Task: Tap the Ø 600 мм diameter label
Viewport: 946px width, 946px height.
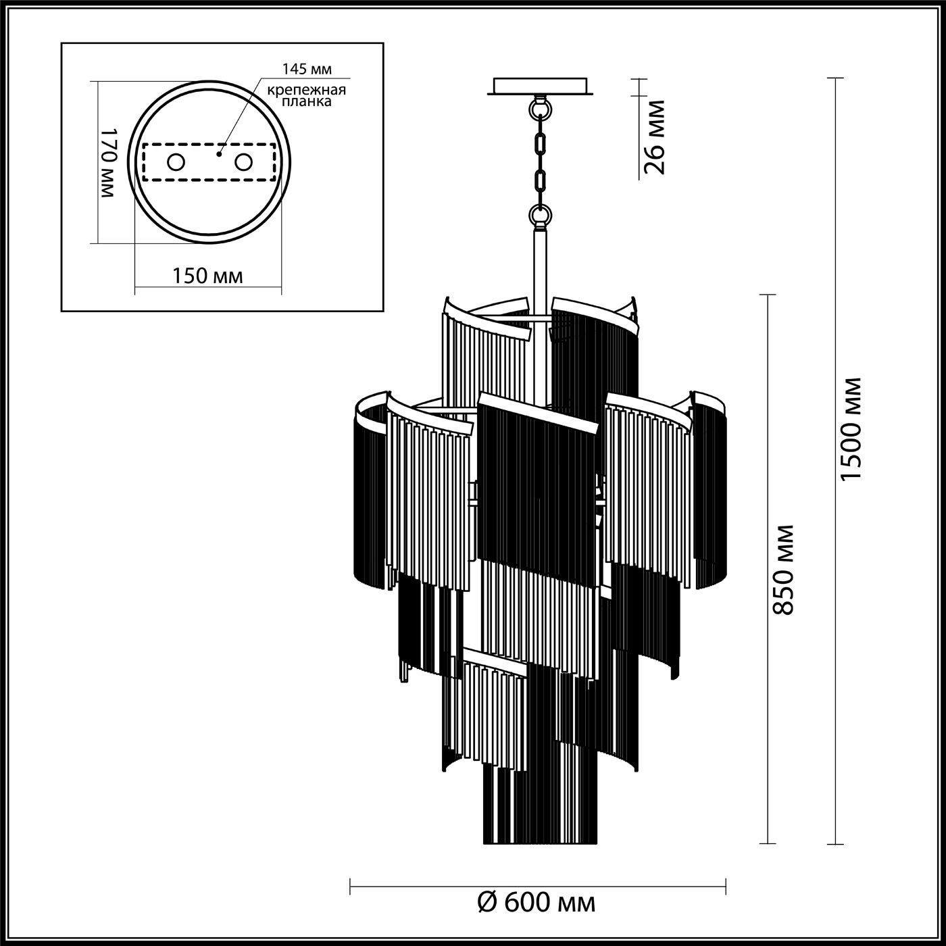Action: (537, 902)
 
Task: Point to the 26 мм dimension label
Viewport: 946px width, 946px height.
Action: (654, 137)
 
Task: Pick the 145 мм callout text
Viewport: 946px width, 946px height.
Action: (307, 69)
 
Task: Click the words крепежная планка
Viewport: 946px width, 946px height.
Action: (307, 95)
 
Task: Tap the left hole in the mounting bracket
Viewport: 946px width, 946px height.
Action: (176, 162)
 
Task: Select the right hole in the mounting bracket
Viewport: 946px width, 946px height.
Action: (243, 162)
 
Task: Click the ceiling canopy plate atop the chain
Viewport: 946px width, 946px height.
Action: (541, 86)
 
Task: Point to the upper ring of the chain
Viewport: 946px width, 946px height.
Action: (541, 108)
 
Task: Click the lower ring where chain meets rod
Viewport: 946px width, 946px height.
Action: (540, 216)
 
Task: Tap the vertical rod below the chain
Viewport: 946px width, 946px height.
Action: (540, 264)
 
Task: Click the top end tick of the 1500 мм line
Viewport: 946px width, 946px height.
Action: (836, 78)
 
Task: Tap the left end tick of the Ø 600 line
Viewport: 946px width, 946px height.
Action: (350, 884)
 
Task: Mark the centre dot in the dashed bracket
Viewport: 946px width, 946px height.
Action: (218, 154)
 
